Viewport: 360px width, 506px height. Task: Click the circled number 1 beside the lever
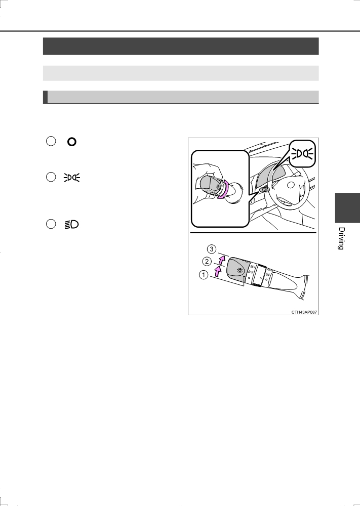204,275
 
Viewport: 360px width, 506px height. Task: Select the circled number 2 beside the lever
207,261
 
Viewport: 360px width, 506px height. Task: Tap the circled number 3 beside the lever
212,249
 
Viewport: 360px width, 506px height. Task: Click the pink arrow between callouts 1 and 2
218,271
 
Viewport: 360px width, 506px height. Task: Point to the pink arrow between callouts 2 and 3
221,260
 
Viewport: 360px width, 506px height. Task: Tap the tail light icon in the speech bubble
302,154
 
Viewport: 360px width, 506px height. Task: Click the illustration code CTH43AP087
304,312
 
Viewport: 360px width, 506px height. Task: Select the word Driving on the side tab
341,238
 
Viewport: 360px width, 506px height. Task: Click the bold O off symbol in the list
71,142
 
